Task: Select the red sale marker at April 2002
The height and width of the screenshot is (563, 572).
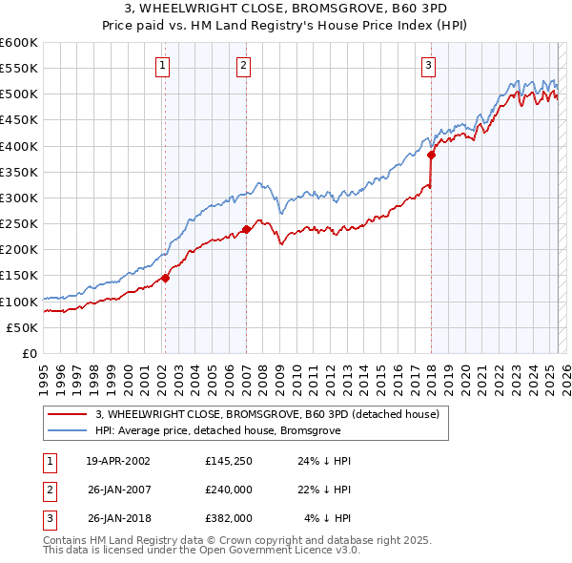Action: pyautogui.click(x=165, y=278)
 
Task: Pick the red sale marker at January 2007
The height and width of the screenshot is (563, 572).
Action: pyautogui.click(x=246, y=229)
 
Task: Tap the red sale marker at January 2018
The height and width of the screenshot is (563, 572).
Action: pyautogui.click(x=431, y=155)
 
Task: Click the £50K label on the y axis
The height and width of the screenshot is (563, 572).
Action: pyautogui.click(x=22, y=327)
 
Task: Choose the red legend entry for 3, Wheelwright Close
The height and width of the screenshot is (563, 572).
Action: pyautogui.click(x=267, y=414)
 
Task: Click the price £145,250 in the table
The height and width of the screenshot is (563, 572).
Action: pyautogui.click(x=227, y=461)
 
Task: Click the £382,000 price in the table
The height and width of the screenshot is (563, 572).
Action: pyautogui.click(x=227, y=518)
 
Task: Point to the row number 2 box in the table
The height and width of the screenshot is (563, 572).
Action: pyautogui.click(x=48, y=490)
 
